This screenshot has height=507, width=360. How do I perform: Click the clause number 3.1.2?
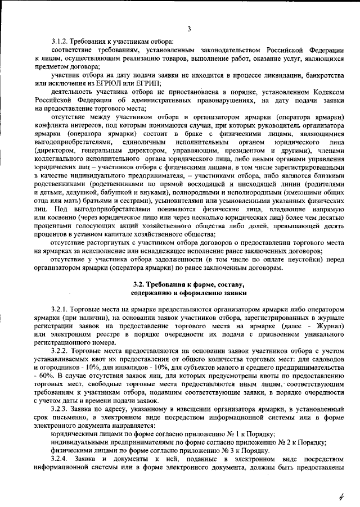(60, 42)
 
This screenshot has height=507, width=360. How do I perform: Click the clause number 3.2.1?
(60, 310)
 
